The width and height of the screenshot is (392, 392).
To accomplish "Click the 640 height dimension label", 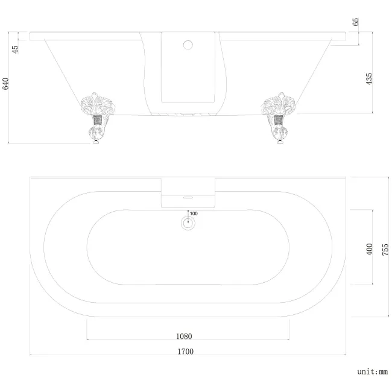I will (7, 84).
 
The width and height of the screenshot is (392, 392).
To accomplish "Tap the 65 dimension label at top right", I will (356, 22).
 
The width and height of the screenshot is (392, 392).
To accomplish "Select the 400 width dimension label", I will (369, 249).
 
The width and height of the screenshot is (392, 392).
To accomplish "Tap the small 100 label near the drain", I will (194, 213).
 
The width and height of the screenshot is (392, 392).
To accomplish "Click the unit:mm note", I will (371, 372).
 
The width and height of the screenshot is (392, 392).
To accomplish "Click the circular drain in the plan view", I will (189, 223).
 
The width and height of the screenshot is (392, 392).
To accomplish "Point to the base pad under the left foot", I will (95, 143).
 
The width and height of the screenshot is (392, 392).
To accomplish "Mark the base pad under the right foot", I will (279, 143).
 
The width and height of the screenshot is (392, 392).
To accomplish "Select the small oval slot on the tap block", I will (188, 196).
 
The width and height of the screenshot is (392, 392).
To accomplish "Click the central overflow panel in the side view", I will (188, 69).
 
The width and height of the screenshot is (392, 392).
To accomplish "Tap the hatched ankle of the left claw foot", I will (95, 127).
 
